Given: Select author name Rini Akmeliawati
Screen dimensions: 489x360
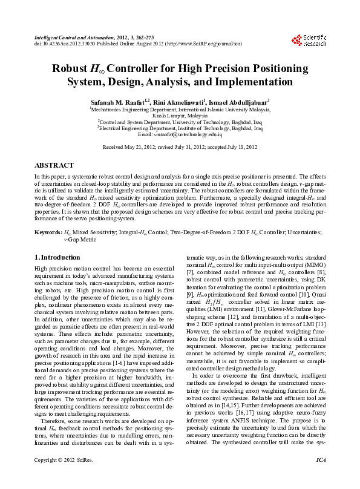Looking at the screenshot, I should coord(181,102).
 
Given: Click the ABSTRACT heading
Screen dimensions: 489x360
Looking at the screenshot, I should coord(54,165).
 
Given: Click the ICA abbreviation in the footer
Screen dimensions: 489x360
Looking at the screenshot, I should coord(321,478).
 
